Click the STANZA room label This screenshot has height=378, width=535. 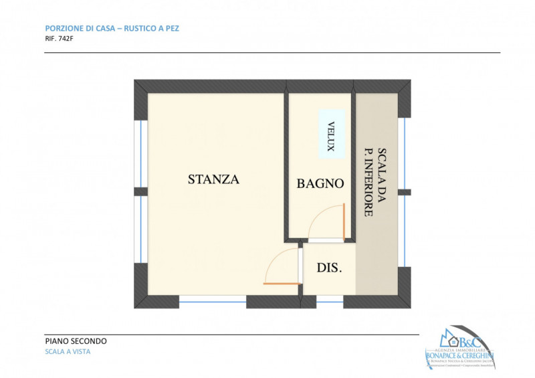click(x=213, y=179)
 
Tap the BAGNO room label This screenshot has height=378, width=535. click(x=320, y=183)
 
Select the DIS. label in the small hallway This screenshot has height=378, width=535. click(x=329, y=268)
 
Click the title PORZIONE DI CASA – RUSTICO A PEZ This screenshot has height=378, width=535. click(x=112, y=28)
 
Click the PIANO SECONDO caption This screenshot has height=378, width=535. click(x=76, y=341)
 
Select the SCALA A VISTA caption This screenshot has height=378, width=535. click(x=68, y=352)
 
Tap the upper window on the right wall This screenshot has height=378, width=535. click(x=403, y=153)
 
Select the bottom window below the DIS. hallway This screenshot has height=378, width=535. click(x=330, y=301)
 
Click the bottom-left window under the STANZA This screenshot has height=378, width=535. click(x=212, y=301)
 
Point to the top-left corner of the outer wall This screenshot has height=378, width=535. click(x=140, y=86)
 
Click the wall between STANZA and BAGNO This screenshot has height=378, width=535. click(x=285, y=167)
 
